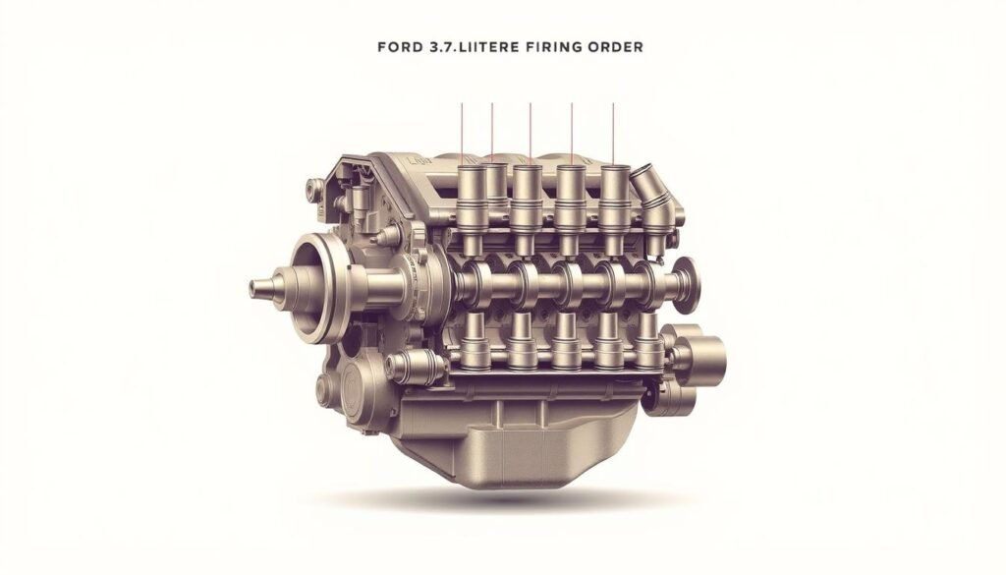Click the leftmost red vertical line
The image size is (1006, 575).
tap(461, 133)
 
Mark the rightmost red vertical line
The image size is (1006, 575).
tap(614, 133)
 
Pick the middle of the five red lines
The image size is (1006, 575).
tap(531, 133)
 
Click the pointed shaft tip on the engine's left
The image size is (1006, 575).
tap(257, 288)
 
